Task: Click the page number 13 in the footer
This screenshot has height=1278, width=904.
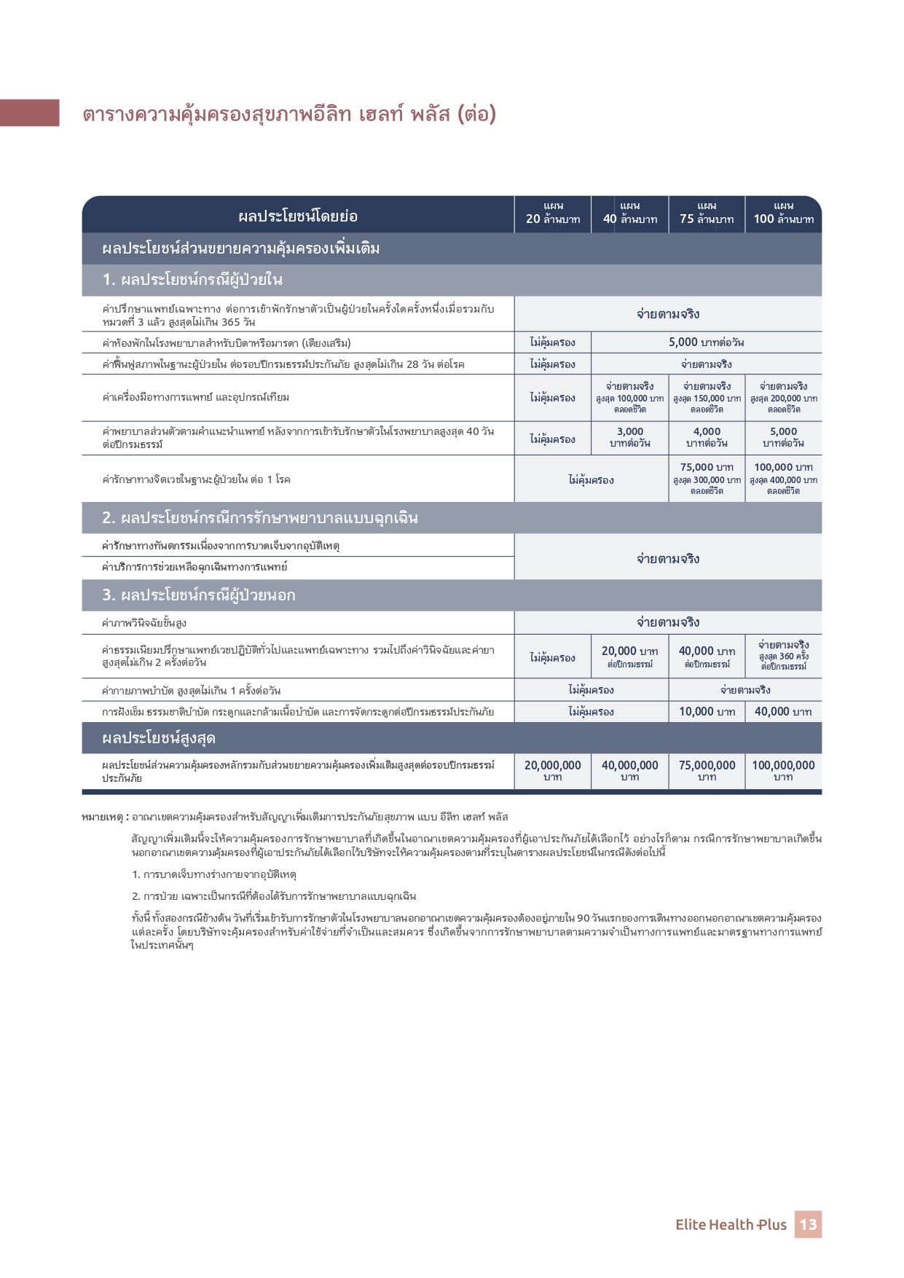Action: tap(808, 1224)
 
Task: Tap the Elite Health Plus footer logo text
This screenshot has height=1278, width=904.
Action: tap(731, 1225)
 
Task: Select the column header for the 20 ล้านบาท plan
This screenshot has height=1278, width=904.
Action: tap(553, 213)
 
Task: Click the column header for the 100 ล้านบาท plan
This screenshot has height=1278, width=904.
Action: tap(783, 213)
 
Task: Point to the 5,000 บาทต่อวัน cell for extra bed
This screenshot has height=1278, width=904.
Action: tap(706, 342)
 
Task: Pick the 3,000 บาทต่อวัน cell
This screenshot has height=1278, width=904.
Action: tap(630, 438)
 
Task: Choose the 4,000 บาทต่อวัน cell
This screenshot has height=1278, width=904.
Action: tap(707, 438)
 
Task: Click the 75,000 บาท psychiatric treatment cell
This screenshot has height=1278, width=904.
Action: tap(707, 479)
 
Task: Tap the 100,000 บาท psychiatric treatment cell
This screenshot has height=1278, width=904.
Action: tap(783, 479)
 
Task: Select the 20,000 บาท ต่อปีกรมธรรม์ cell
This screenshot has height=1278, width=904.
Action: tap(630, 656)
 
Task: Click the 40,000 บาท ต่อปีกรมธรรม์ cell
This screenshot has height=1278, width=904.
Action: tap(707, 656)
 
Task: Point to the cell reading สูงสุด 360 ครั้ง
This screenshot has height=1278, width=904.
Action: tap(783, 656)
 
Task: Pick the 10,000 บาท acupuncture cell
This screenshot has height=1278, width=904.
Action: tap(707, 712)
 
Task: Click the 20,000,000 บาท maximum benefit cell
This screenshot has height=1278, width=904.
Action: tap(553, 770)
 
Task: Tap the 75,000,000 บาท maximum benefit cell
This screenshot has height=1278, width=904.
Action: tap(707, 770)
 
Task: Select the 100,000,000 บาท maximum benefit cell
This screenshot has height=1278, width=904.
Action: tap(783, 770)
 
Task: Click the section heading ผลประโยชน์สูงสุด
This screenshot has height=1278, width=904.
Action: tap(159, 738)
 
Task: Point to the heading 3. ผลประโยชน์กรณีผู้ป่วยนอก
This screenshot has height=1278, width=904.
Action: tap(199, 595)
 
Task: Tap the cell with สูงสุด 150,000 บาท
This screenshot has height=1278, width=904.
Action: tap(707, 398)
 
